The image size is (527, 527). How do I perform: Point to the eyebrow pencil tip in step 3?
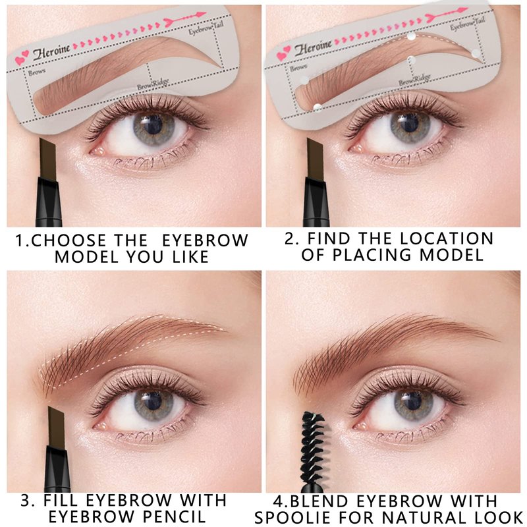(56, 426)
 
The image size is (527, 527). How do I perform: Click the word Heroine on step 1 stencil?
(51, 52)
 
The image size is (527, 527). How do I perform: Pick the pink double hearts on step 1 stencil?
(22, 57)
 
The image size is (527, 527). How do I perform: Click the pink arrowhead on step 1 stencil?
(200, 14)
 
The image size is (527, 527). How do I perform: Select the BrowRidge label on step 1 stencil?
(153, 84)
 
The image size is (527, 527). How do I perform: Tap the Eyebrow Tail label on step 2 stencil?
(468, 23)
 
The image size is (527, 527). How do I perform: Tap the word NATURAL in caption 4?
(423, 517)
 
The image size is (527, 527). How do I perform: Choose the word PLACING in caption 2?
(372, 255)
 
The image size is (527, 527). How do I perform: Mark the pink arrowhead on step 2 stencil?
(462, 11)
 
